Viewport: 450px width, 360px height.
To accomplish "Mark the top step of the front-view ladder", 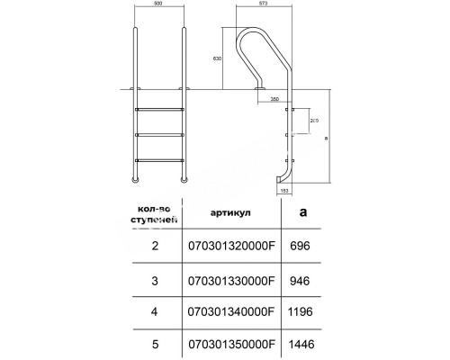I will (x=157, y=110).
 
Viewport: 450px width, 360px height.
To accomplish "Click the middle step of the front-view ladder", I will (x=157, y=135).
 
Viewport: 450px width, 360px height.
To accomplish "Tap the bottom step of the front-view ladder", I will (x=157, y=160).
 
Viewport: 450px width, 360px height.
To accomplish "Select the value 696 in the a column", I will (x=301, y=244).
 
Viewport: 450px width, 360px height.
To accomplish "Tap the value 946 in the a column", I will (x=301, y=279).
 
